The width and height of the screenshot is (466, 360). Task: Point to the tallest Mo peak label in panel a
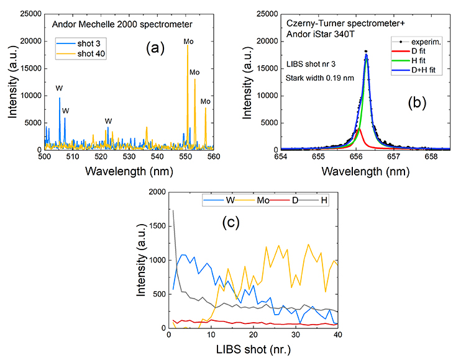188,42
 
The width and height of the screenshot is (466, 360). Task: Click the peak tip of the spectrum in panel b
366,51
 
